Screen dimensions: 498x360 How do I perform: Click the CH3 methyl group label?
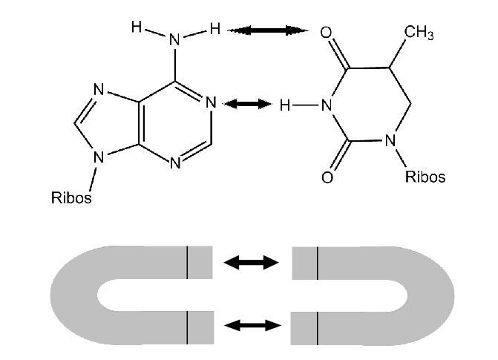point(419,33)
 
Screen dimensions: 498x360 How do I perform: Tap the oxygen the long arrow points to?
point(326,33)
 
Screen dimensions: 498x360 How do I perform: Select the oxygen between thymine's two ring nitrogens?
point(327,177)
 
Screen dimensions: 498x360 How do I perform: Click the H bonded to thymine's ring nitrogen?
point(285,105)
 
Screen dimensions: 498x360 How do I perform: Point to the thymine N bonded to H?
point(327,105)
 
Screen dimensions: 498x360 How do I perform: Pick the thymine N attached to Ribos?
point(390,140)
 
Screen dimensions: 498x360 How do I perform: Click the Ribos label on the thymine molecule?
point(425,177)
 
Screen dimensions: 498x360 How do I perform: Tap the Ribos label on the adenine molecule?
point(71,197)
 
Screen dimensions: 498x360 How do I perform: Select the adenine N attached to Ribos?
point(99,157)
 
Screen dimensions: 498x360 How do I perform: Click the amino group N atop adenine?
point(174,40)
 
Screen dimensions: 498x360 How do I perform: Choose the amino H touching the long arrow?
point(215,29)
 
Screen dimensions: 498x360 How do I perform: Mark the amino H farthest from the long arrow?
point(137,27)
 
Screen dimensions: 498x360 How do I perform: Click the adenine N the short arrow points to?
point(211,102)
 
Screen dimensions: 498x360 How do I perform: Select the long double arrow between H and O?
point(269,30)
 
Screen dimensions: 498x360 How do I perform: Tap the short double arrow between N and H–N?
point(247,104)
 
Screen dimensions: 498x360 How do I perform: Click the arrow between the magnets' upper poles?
point(251,263)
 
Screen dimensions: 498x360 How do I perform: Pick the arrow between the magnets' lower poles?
point(252,325)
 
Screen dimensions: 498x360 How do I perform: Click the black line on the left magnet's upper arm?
point(187,262)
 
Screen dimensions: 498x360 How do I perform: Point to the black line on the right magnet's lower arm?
point(318,328)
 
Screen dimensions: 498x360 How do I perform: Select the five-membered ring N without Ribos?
point(99,90)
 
